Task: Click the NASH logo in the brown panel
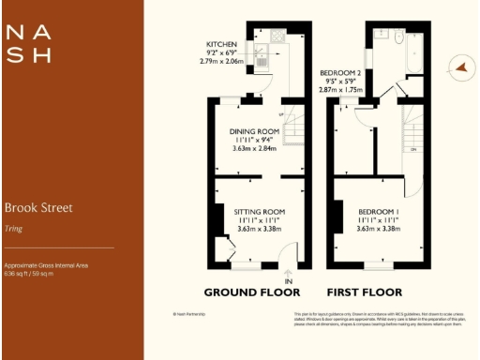[x=28, y=43]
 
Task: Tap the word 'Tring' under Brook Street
[x=14, y=228]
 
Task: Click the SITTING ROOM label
[x=259, y=212]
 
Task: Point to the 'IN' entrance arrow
[x=288, y=280]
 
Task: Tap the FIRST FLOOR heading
[x=364, y=292]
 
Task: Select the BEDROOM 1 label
[x=380, y=212]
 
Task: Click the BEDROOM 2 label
[x=340, y=72]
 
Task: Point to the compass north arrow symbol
[x=459, y=67]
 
